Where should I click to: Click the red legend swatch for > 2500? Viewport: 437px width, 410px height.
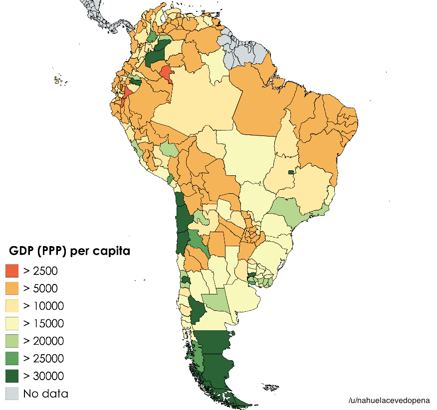[11, 271]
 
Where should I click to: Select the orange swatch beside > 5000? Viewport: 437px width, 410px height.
[11, 288]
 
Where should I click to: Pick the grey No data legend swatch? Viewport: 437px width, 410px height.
[11, 394]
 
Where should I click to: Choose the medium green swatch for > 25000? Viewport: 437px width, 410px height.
[11, 359]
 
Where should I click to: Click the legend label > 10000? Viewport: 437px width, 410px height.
[43, 306]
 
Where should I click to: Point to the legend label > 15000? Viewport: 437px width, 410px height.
[43, 323]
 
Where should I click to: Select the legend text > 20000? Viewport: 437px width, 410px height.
[43, 341]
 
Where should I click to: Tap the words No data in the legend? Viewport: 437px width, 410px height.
[45, 394]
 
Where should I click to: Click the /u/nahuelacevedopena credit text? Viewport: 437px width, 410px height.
[389, 400]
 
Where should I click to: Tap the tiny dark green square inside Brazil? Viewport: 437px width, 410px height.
[291, 172]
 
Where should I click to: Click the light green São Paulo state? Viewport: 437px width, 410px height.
[285, 209]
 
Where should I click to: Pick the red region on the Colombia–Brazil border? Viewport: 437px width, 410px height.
[167, 74]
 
